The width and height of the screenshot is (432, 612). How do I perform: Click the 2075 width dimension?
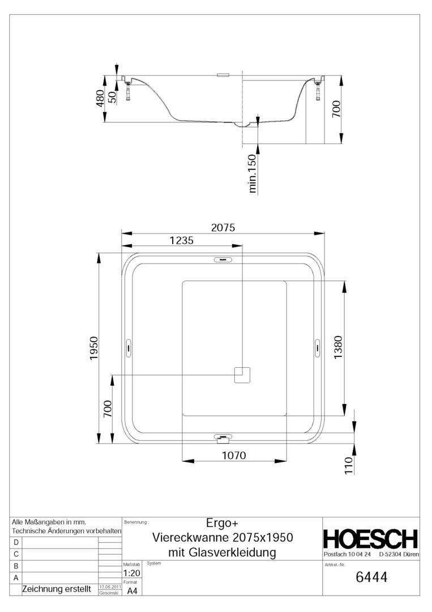[x=223, y=227]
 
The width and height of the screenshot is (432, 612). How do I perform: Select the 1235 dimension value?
[x=181, y=240]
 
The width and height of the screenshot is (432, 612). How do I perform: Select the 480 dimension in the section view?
[x=100, y=99]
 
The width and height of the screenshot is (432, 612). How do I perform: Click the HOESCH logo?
[x=370, y=539]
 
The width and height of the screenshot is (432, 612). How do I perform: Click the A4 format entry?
[x=131, y=591]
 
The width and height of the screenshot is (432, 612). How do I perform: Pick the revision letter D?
[x=16, y=542]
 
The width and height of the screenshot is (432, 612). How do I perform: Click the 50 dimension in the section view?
[x=112, y=96]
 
